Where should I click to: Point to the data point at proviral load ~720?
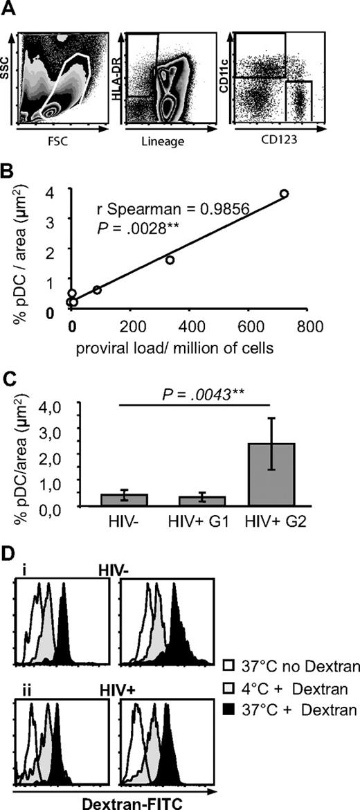(284, 194)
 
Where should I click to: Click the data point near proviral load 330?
(170, 260)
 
